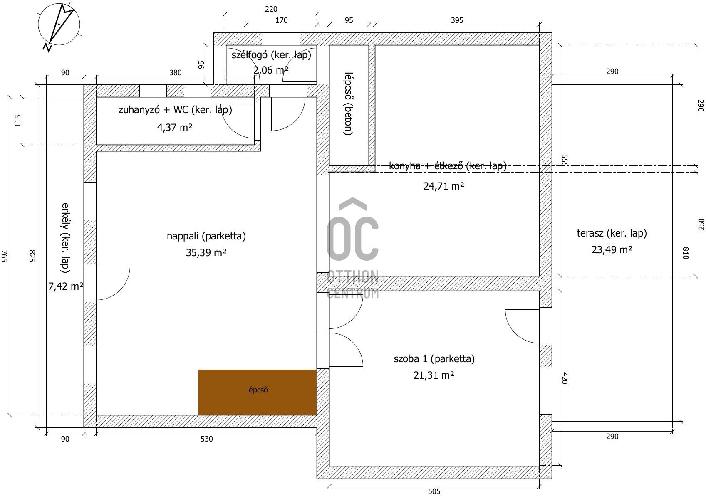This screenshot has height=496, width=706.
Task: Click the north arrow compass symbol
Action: click(59, 27)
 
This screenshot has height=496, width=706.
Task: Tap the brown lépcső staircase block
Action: click(257, 392)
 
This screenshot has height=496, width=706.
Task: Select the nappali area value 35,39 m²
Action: click(206, 252)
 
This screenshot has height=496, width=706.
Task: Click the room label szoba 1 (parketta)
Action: click(434, 359)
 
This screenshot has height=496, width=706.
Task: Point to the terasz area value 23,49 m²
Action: click(612, 250)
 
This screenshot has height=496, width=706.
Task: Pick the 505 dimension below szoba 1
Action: click(434, 491)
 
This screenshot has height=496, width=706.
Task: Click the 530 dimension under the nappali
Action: click(207, 439)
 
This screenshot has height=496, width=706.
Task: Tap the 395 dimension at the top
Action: click(457, 20)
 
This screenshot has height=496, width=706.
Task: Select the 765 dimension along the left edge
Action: click(5, 256)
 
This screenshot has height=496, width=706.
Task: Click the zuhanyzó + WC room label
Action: click(175, 110)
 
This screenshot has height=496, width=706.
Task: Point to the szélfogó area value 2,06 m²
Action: click(271, 70)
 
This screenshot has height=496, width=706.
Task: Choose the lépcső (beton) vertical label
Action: click(348, 104)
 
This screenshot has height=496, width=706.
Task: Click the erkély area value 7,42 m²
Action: click(66, 286)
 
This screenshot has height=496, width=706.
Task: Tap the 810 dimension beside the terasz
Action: click(685, 253)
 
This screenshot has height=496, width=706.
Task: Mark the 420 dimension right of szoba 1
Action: click(564, 378)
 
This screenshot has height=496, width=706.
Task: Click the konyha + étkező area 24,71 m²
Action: click(443, 186)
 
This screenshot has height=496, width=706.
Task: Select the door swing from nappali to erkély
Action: click(113, 283)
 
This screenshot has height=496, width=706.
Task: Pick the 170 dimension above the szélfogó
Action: click(282, 20)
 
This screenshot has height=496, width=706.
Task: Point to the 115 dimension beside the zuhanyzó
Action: click(18, 121)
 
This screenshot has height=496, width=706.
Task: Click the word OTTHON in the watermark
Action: click(353, 277)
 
